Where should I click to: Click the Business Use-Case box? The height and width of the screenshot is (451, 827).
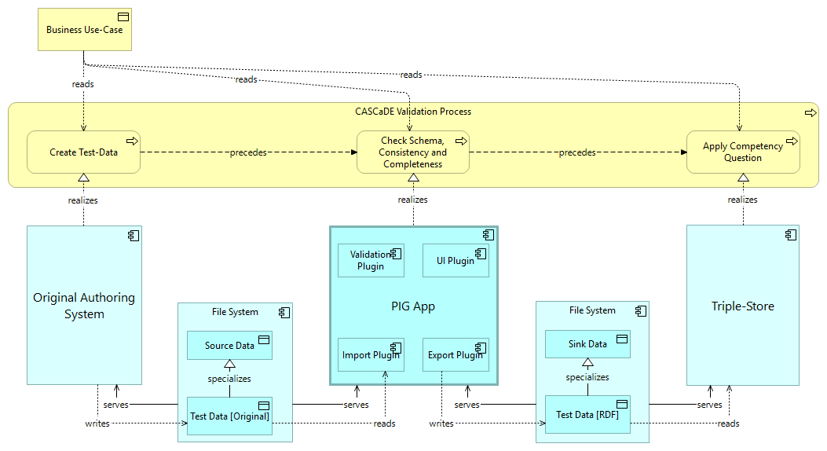84,31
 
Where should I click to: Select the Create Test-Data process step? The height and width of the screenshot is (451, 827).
83,152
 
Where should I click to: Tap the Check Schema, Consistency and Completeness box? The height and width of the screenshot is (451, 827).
412,152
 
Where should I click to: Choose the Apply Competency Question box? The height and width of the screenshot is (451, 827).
742,152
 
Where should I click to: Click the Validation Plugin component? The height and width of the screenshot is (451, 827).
371,260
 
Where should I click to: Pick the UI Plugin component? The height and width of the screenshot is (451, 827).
456,260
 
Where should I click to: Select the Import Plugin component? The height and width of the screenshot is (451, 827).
371,355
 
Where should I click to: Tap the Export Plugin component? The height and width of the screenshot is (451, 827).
456,355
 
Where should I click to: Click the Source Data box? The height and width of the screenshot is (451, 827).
229,346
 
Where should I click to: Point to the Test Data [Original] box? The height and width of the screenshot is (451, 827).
229,416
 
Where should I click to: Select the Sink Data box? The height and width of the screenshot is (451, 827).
587,344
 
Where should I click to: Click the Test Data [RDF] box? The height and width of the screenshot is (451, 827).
587,414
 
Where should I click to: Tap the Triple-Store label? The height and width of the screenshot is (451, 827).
742,306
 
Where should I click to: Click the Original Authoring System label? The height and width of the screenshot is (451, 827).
84,306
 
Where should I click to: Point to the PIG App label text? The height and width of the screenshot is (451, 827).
412,306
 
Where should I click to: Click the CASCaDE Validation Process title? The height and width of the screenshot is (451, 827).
412,112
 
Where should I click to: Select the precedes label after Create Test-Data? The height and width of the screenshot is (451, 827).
248,152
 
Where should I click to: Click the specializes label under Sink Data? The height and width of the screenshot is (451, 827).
587,377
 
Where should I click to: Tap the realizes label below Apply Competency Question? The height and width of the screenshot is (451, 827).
742,200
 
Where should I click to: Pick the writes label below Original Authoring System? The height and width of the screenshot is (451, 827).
97,423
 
